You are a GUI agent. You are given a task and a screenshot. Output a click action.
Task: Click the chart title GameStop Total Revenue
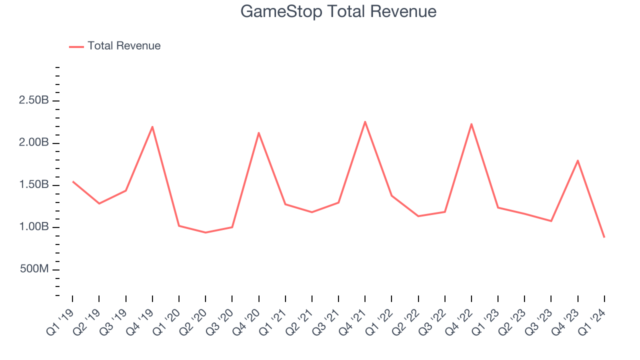click(x=338, y=11)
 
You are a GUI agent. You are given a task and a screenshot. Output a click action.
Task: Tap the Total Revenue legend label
click(x=124, y=46)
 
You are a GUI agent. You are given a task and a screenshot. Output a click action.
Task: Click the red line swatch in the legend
click(x=76, y=46)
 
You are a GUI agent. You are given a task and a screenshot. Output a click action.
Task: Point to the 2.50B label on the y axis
click(x=34, y=100)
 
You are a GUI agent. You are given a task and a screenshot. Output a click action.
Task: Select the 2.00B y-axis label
click(x=34, y=143)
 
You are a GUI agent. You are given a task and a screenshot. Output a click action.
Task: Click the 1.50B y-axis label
click(x=34, y=185)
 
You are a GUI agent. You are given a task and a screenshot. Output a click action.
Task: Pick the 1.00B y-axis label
click(x=34, y=227)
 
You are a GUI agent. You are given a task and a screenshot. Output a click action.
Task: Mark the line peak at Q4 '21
click(x=365, y=121)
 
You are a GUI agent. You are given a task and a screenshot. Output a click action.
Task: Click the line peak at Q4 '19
click(x=152, y=126)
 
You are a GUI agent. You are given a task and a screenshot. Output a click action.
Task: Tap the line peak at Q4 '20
click(x=258, y=132)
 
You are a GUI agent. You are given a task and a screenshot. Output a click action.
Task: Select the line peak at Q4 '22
click(x=471, y=124)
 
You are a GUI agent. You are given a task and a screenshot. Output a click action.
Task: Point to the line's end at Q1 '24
click(x=604, y=237)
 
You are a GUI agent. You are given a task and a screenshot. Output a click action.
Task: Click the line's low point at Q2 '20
click(x=205, y=232)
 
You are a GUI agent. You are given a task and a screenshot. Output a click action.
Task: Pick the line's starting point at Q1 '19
click(x=72, y=181)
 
